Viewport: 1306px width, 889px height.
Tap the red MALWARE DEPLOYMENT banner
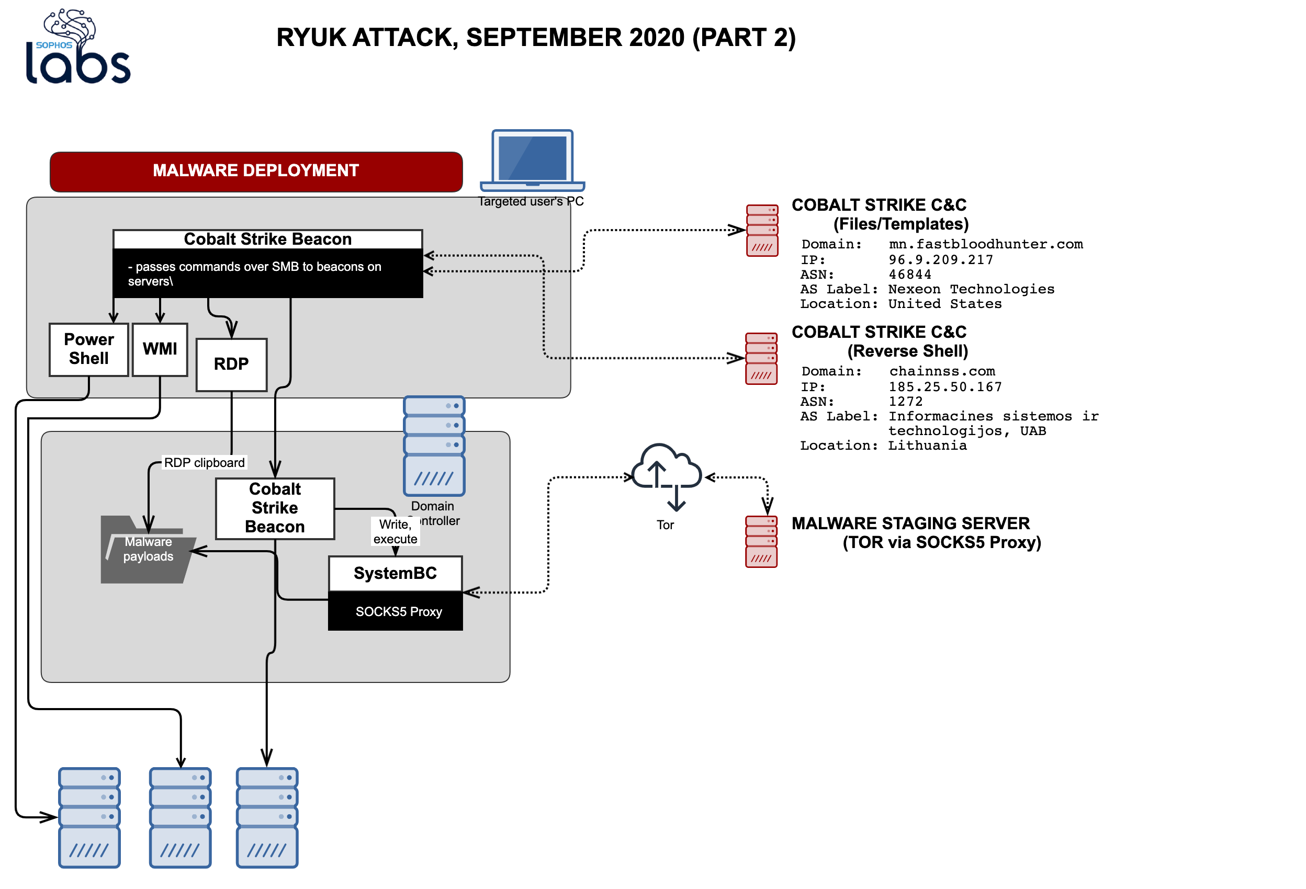256,170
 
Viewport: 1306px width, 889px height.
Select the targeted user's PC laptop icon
532,161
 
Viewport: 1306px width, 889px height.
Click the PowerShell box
89,349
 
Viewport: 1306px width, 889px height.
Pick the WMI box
160,349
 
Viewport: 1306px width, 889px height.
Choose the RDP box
231,364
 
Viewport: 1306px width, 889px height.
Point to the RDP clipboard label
204,462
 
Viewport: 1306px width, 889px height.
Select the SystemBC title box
395,573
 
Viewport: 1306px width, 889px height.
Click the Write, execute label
395,531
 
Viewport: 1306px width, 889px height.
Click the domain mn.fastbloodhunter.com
985,244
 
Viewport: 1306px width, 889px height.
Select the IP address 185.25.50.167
944,387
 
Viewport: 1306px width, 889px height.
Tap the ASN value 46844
909,275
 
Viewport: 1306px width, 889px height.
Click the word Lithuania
927,446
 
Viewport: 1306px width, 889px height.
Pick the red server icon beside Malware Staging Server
761,541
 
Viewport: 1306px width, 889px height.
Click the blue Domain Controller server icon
433,446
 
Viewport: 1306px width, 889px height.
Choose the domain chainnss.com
941,371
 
